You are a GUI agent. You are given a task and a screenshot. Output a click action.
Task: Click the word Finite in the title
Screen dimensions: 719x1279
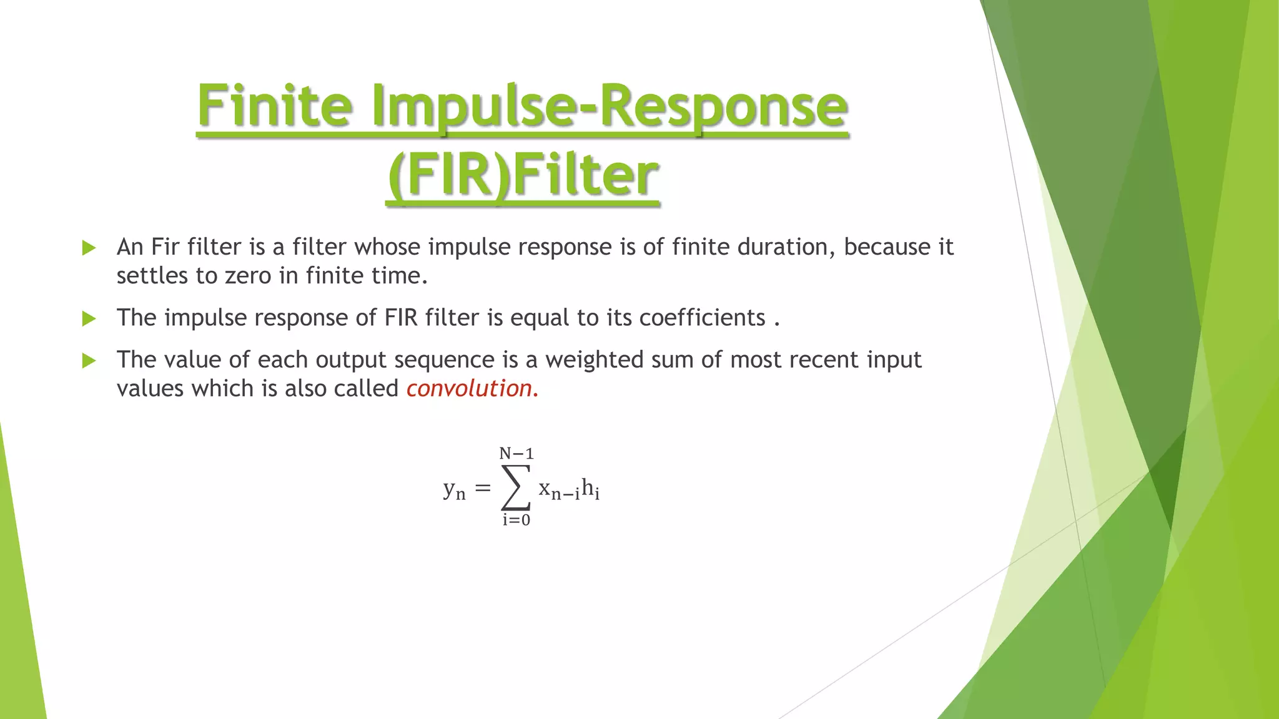[x=275, y=106]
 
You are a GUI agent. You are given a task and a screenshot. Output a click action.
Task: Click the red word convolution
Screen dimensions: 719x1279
[x=469, y=389]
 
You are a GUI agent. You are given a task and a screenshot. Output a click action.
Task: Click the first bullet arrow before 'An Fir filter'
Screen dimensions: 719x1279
[x=89, y=248]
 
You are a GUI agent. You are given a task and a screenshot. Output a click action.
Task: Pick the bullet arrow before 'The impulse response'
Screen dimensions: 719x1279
[x=89, y=319]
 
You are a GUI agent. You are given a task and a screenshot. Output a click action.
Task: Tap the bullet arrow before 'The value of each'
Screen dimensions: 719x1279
[x=89, y=361]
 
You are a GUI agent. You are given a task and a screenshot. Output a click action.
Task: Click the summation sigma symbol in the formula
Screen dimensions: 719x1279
[x=516, y=487]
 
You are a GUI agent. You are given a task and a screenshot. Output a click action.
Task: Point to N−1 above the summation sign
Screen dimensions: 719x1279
[x=516, y=454]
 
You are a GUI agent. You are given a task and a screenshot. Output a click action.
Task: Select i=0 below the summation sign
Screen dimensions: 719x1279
[x=516, y=520]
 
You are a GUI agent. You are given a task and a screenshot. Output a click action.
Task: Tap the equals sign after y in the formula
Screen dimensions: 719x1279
[x=483, y=488]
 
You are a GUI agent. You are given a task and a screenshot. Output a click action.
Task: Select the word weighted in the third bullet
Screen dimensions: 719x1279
[x=594, y=361]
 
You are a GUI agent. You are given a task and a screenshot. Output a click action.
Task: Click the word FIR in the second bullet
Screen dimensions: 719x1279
[x=400, y=318]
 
